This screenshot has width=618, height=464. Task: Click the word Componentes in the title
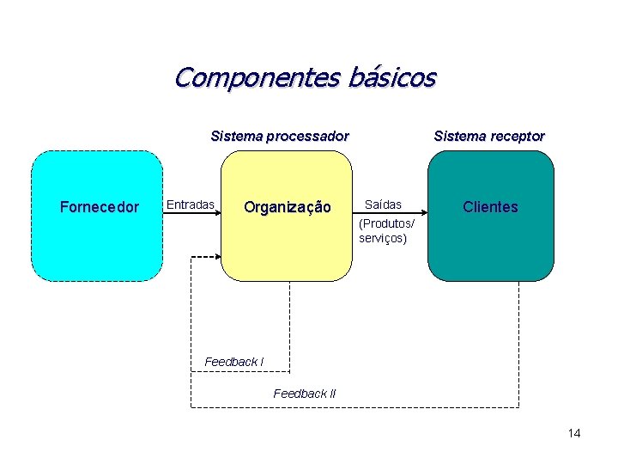257,78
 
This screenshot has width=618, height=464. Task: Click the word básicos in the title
392,78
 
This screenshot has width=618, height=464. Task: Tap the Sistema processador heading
280,136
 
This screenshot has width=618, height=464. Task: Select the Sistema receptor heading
489,136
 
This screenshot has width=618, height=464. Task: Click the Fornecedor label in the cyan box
100,207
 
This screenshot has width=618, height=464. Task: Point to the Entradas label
190,205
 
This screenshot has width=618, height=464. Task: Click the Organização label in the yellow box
287,207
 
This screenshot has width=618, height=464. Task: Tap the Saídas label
383,205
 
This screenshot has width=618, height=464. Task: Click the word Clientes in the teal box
490,207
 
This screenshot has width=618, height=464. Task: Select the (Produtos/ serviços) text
386,231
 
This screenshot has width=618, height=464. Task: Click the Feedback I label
233,362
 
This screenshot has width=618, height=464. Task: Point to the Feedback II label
305,394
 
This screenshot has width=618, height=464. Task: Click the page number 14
574,433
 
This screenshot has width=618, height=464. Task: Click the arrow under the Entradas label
193,215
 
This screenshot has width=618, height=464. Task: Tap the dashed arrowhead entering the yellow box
216,256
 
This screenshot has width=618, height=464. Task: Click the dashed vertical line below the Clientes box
519,344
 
